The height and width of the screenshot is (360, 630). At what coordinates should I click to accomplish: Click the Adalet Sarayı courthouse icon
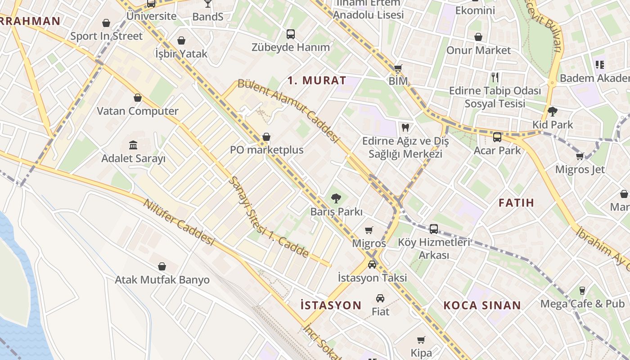click(x=133, y=145)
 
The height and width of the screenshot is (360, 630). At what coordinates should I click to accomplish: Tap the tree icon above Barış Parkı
click(x=336, y=198)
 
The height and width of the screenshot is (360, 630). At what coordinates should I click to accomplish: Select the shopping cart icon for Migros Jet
click(x=580, y=156)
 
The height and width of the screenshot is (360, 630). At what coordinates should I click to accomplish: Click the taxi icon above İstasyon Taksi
click(x=372, y=264)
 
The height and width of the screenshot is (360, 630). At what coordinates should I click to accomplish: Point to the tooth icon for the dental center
click(x=405, y=128)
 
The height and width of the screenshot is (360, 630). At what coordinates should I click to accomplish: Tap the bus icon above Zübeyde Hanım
click(x=291, y=34)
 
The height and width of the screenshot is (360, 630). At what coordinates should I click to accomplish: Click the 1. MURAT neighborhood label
click(x=317, y=81)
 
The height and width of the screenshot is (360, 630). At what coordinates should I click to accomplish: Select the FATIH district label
click(x=516, y=202)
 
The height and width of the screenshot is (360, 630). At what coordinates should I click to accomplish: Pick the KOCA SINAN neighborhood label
click(x=482, y=305)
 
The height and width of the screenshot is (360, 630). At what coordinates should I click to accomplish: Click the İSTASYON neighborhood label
click(x=331, y=305)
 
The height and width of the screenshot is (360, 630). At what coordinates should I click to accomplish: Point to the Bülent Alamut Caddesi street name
click(x=288, y=110)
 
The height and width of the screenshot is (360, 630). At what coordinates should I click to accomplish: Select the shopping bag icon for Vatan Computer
click(x=138, y=98)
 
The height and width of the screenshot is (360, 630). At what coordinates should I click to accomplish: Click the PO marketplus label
click(x=267, y=150)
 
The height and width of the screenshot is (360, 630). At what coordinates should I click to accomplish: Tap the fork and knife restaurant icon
click(x=495, y=77)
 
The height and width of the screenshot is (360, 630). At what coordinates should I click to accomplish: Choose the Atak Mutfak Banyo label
click(x=162, y=280)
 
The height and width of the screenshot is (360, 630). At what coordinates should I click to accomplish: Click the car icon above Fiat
click(x=380, y=298)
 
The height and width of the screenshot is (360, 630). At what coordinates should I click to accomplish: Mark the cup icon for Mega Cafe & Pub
click(x=582, y=290)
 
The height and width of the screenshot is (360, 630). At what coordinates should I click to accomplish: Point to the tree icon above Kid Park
click(x=553, y=111)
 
